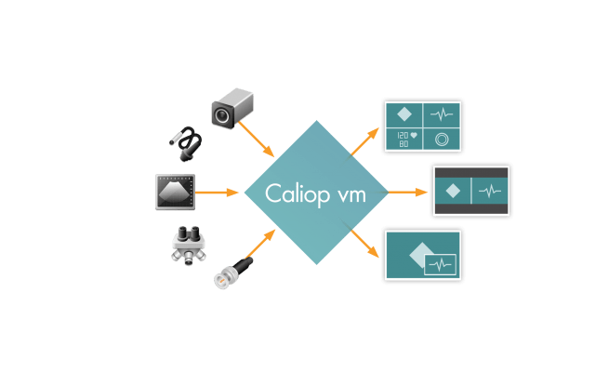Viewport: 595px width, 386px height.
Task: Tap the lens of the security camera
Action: (223, 114)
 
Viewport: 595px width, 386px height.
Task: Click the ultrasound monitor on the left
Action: (174, 191)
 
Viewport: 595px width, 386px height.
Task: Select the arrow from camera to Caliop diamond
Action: (258, 138)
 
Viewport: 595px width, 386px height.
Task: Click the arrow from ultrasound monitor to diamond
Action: (220, 193)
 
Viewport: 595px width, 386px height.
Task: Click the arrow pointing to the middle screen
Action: (404, 193)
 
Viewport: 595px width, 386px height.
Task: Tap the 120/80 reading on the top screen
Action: (404, 139)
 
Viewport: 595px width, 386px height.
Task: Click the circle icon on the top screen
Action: (442, 140)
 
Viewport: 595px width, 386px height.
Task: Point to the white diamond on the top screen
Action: (404, 115)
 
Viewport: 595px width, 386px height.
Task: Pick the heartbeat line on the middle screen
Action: (489, 191)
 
